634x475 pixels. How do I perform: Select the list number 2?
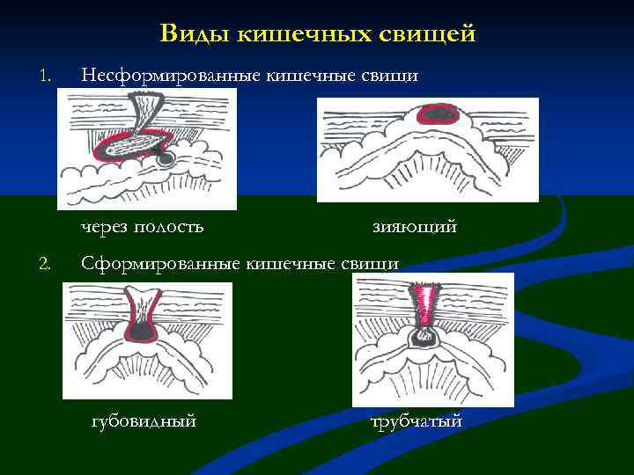pyautogui.click(x=44, y=262)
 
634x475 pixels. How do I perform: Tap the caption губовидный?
pyautogui.click(x=144, y=421)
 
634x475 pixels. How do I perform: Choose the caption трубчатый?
pyautogui.click(x=417, y=421)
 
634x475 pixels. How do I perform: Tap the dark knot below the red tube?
pyautogui.click(x=426, y=335)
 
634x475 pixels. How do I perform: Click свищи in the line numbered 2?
pyautogui.click(x=372, y=262)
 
